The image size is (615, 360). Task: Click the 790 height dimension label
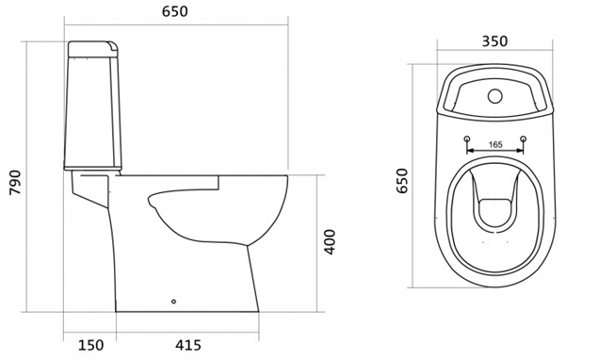click(x=15, y=183)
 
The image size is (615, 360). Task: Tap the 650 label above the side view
click(x=175, y=11)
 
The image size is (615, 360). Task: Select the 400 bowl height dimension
click(x=331, y=242)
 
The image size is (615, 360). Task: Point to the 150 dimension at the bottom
click(x=91, y=345)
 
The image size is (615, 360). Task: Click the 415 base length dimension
click(x=187, y=345)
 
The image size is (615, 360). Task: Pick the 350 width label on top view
click(x=494, y=41)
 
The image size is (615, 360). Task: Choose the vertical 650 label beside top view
click(x=402, y=181)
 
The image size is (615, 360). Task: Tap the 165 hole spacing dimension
click(x=495, y=144)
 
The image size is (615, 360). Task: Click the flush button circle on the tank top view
click(x=495, y=96)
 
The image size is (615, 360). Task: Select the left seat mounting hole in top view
click(x=467, y=139)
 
